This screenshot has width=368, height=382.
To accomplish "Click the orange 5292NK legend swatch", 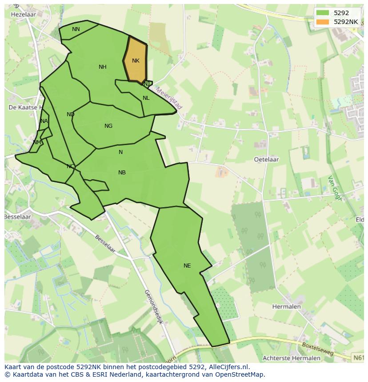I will coord(323,21).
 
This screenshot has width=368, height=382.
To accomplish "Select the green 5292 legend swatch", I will coord(323,13).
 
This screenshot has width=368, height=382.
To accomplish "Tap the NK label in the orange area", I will coord(136,61).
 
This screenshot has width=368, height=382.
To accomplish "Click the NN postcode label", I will coord(76,29).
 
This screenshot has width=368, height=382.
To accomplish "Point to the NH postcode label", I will coord(103,67).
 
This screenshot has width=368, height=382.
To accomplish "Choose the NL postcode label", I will coord(146,98).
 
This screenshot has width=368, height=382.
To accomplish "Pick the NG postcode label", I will coord(108,126).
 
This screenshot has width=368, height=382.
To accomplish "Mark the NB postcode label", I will coord(122,173).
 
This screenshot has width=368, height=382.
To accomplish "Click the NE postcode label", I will coord(187,266).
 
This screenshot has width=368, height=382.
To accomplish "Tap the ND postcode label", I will coord(71,114).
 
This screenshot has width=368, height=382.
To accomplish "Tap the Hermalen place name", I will coord(286,307).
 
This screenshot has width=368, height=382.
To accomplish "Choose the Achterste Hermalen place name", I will coord(291,358).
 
